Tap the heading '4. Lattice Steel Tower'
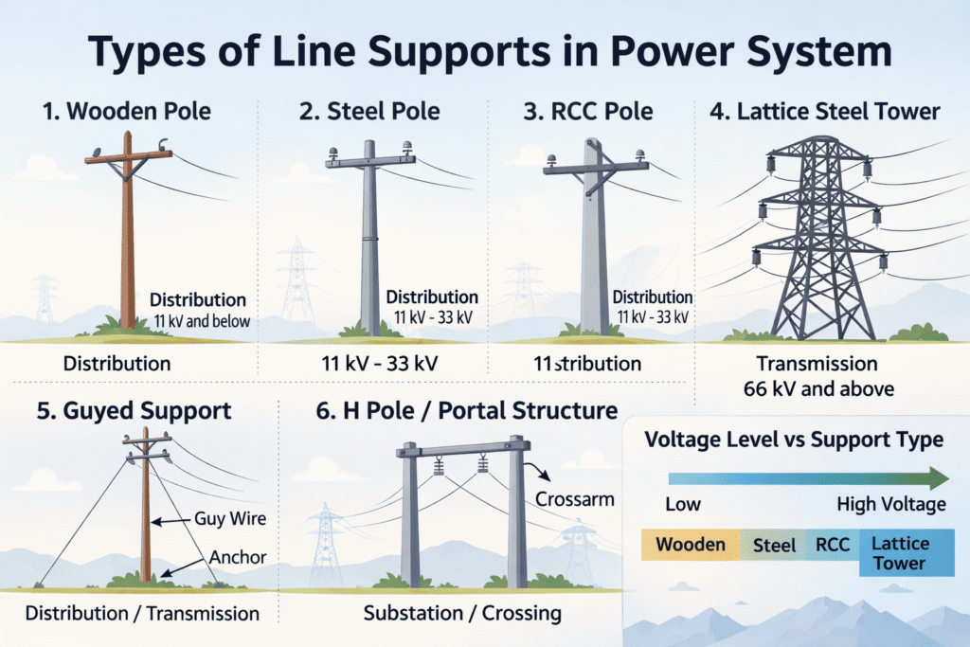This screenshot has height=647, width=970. [x=825, y=112]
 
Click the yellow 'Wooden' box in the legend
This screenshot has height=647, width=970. [x=690, y=545]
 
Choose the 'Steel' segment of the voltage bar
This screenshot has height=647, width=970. [x=775, y=546]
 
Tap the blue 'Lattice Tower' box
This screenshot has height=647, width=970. [x=906, y=553]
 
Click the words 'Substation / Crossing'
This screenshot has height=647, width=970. [x=462, y=613]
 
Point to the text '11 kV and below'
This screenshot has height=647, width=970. [x=202, y=321]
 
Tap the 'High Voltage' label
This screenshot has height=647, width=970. [x=891, y=505]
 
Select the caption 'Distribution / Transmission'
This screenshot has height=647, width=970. [x=142, y=613]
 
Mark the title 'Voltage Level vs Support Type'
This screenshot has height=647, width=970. [x=794, y=440]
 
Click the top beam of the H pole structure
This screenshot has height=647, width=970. [x=464, y=449]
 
